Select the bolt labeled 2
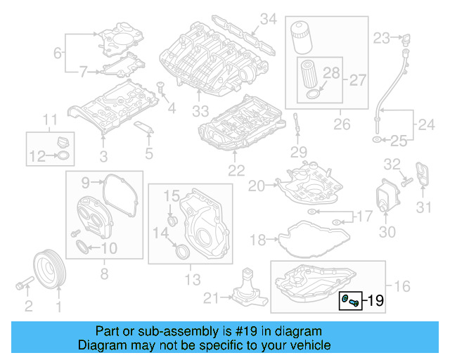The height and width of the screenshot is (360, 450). coord(23,285)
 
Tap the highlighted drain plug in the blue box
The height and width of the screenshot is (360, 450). coord(349,301)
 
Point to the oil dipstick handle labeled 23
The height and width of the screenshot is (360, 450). coord(404,37)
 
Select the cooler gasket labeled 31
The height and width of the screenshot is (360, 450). coord(422,175)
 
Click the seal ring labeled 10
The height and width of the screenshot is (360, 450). coord(83,247)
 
